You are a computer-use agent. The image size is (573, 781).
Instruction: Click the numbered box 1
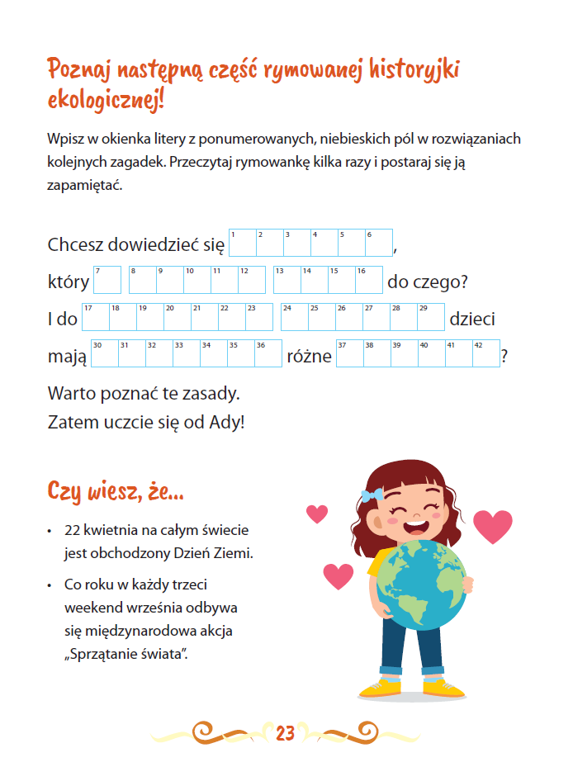pos(242,243)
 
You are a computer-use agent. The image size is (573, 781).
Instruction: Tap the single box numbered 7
pos(107,280)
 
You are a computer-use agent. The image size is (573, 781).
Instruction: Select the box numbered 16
pos(369,280)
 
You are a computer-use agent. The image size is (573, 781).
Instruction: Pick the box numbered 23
pos(259,317)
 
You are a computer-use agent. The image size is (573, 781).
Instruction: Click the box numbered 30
pos(104,353)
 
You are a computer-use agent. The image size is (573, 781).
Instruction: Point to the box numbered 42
pos(485,353)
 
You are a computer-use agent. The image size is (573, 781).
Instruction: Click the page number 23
pos(286,732)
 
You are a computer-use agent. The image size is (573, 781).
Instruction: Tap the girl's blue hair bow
pos(371,496)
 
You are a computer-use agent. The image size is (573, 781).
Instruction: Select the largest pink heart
pos(493,526)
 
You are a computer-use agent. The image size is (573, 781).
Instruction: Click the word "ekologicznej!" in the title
pos(106,101)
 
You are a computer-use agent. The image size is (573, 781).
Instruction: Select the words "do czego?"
pos(428,282)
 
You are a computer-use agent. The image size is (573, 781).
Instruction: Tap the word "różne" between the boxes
pos(309,356)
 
